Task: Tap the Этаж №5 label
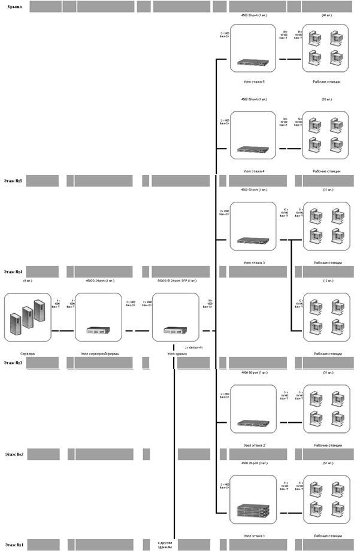(x=13, y=180)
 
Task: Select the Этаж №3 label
(x=13, y=363)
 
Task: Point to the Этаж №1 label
(x=13, y=545)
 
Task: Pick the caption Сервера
(x=28, y=354)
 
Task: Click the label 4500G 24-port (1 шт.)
(x=96, y=280)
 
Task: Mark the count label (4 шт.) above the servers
(x=28, y=280)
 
